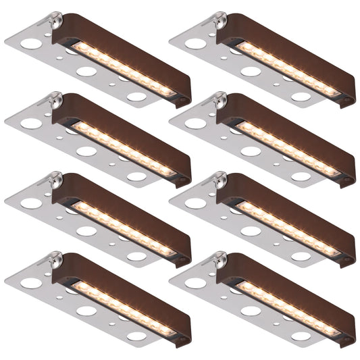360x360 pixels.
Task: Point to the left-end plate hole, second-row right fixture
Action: point(194,123)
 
